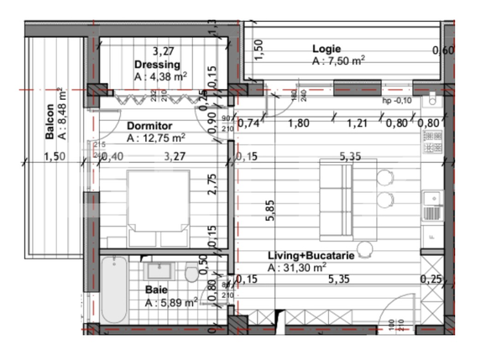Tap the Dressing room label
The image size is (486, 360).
(158, 65)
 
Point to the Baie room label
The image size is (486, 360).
(155, 289)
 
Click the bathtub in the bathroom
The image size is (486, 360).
(112, 290)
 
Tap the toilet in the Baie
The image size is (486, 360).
(192, 274)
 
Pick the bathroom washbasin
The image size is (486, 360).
(159, 271)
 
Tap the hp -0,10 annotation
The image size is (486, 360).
(398, 101)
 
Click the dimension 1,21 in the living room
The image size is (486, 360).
(358, 123)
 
